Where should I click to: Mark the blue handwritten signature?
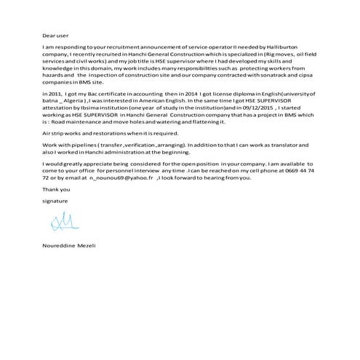pyautogui.click(x=61, y=220)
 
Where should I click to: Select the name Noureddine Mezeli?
pyautogui.click(x=70, y=245)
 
